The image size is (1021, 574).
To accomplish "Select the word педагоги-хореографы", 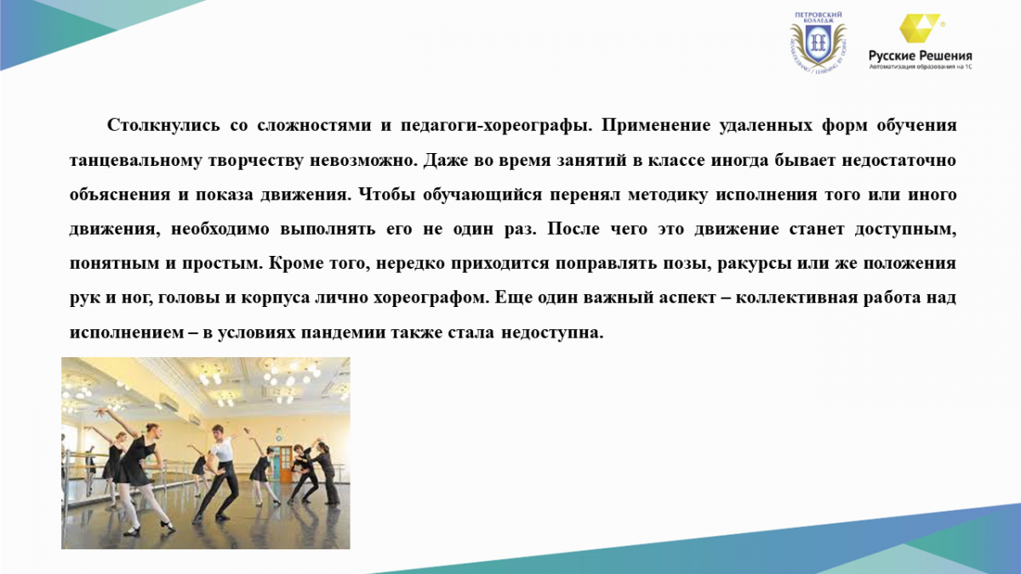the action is tap(496, 126).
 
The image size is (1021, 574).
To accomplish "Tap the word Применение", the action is tap(656, 126).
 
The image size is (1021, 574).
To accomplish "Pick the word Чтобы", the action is tap(387, 195).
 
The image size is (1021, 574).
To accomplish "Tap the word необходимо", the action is tap(220, 229).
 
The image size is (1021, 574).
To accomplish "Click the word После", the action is tap(573, 229).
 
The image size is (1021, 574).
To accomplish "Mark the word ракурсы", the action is tap(755, 264).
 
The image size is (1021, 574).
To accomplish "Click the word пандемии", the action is tap(343, 333).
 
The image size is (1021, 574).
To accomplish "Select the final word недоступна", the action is tap(552, 333).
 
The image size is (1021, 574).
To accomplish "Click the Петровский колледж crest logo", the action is tap(818, 43).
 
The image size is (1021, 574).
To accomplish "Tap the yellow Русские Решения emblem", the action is tap(920, 28).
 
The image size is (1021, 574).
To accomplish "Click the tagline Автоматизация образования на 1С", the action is tap(921, 67).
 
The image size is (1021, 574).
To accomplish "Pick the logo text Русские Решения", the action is tap(921, 55).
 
